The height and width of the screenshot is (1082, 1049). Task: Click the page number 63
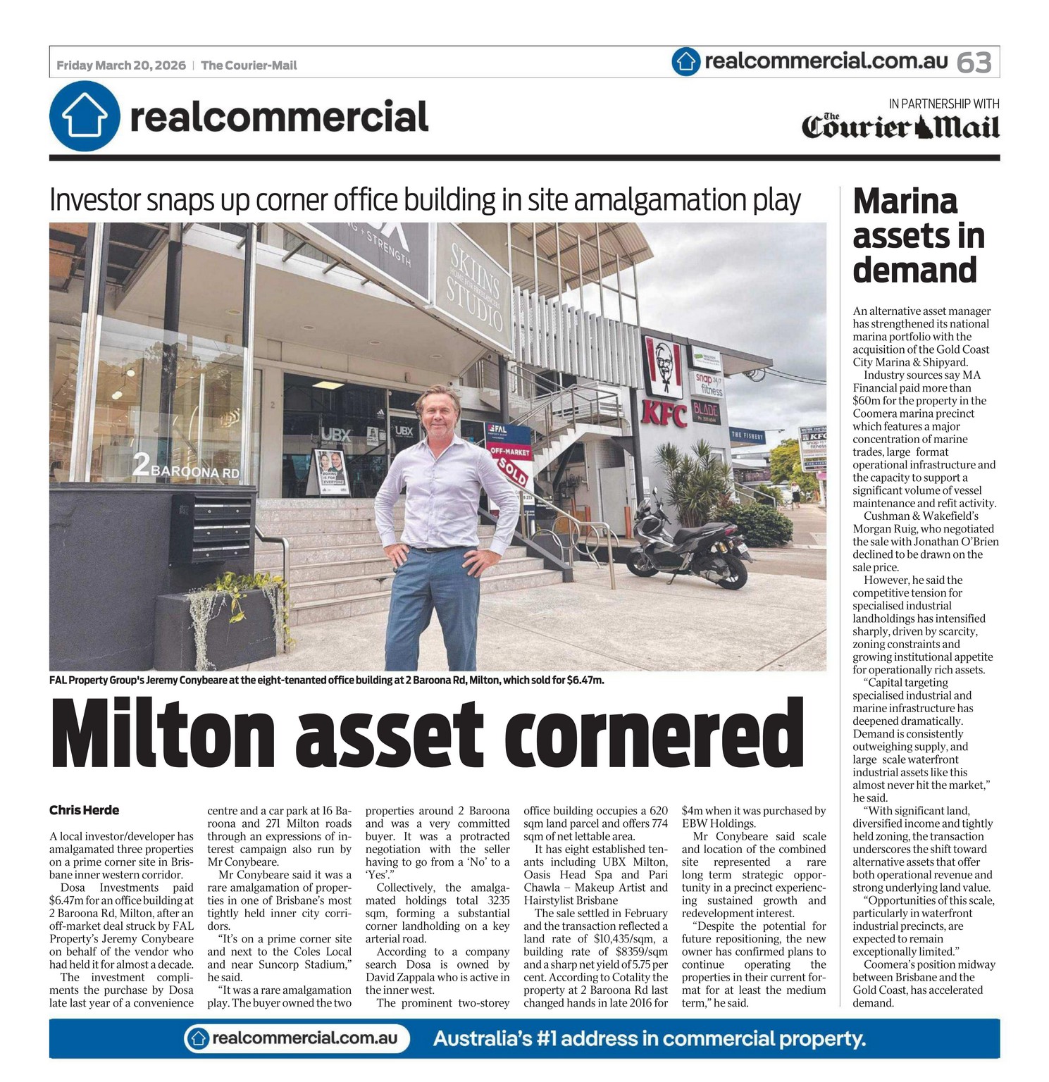pyautogui.click(x=974, y=63)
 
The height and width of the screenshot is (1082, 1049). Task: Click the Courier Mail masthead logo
pyautogui.click(x=900, y=127)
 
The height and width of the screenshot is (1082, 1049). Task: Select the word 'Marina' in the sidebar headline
pyautogui.click(x=905, y=201)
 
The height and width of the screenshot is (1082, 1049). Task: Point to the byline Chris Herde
pyautogui.click(x=84, y=810)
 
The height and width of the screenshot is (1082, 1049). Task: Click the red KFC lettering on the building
pyautogui.click(x=664, y=414)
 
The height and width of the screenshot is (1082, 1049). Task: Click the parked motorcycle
pyautogui.click(x=688, y=542)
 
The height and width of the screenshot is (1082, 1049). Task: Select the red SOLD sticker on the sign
pyautogui.click(x=514, y=471)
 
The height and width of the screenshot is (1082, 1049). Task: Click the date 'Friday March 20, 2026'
pyautogui.click(x=121, y=66)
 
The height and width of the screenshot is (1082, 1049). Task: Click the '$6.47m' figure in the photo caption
pyautogui.click(x=585, y=680)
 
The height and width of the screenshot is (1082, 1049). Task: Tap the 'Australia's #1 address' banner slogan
pyautogui.click(x=649, y=1038)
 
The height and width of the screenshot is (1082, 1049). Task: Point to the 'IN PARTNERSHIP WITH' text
pyautogui.click(x=943, y=104)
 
